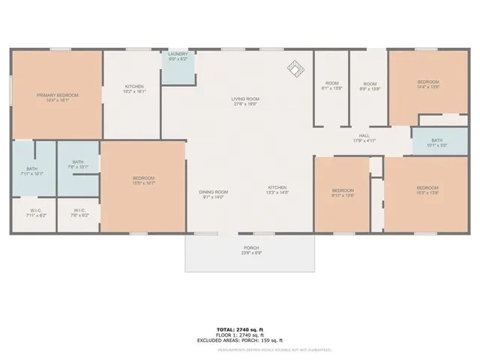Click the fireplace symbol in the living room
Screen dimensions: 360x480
pos(296,70)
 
